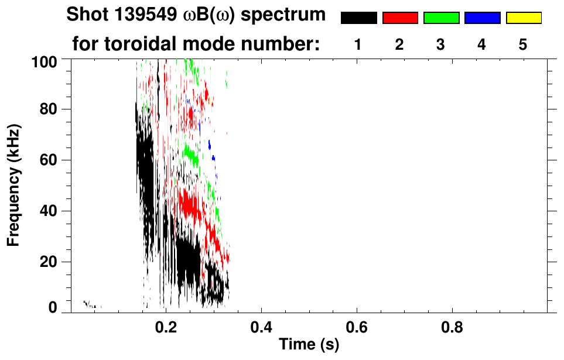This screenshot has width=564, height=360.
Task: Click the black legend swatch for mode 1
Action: pyautogui.click(x=359, y=18)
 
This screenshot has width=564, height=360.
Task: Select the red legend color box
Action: pyautogui.click(x=400, y=18)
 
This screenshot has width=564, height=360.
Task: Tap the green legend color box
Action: pyautogui.click(x=441, y=18)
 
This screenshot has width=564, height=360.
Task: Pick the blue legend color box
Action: pyautogui.click(x=482, y=18)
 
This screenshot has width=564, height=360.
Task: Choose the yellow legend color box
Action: pyautogui.click(x=524, y=18)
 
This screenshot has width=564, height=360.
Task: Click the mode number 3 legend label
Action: pyautogui.click(x=440, y=44)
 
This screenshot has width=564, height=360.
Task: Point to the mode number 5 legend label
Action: pyautogui.click(x=523, y=44)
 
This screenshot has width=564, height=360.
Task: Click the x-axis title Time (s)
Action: pyautogui.click(x=309, y=345)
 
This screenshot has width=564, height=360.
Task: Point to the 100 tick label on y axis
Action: pyautogui.click(x=45, y=60)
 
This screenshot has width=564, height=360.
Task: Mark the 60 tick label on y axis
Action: pyautogui.click(x=49, y=160)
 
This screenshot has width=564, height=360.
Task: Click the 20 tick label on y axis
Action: pyautogui.click(x=49, y=262)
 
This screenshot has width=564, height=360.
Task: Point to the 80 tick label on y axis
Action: pyautogui.click(x=49, y=109)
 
